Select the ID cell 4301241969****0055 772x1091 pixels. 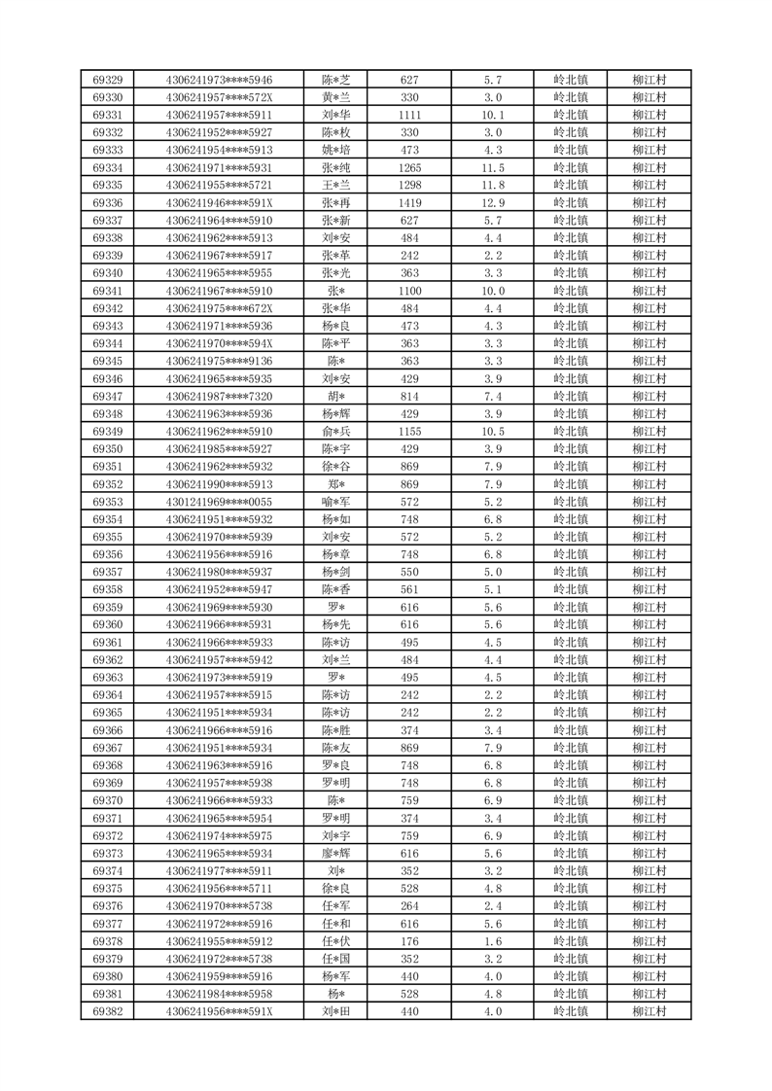point(219,502)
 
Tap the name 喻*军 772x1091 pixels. point(335,502)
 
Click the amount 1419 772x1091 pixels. point(409,202)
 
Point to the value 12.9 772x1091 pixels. point(493,202)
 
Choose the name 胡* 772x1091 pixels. point(335,396)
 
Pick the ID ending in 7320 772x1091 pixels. point(219,396)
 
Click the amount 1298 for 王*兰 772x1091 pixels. point(409,185)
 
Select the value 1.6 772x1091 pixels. point(493,941)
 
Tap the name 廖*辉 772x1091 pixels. point(335,853)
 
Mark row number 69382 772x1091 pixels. point(107,1011)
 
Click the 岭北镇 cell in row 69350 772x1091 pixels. point(570,449)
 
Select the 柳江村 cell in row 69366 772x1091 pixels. point(648,730)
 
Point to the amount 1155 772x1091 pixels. point(409,432)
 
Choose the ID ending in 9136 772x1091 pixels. point(219,361)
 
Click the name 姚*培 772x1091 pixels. point(335,150)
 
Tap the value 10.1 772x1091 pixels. point(493,115)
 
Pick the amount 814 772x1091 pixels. point(409,396)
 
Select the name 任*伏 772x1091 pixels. point(335,941)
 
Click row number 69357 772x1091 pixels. point(107,572)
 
